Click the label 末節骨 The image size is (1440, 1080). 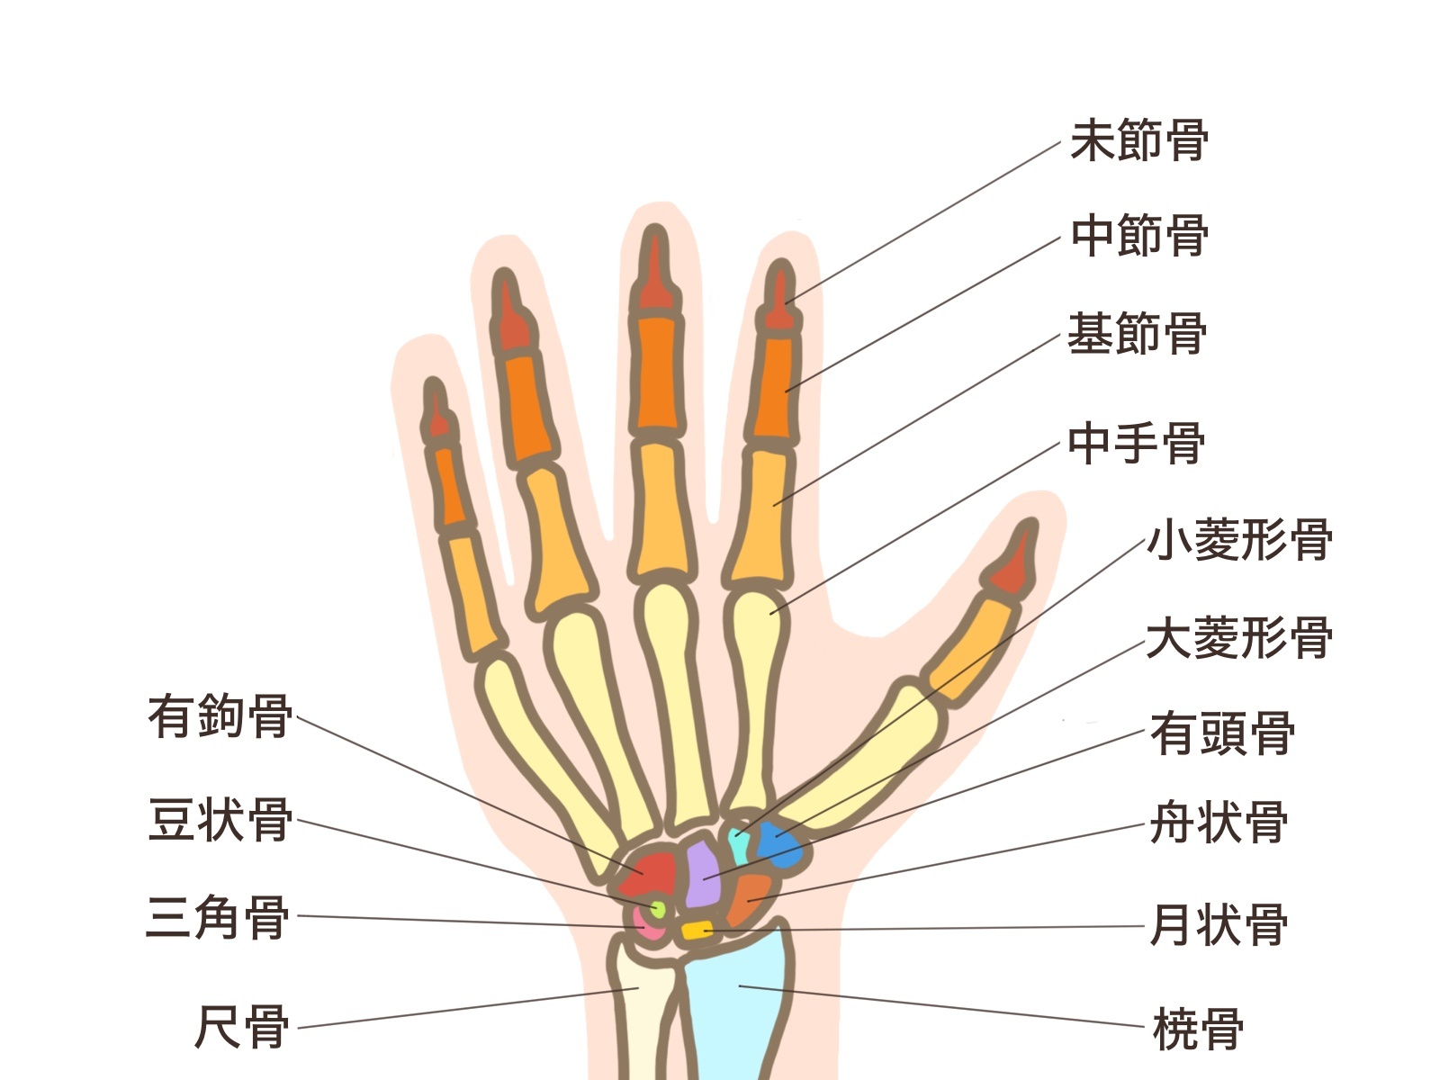[x=1138, y=141]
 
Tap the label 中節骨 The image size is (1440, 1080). [x=1138, y=237]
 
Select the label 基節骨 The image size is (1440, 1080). [x=1137, y=334]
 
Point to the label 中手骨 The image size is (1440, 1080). [x=1136, y=444]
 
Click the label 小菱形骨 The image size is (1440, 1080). [x=1238, y=541]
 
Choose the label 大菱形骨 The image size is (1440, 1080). [x=1238, y=638]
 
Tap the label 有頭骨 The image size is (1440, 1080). [x=1221, y=733]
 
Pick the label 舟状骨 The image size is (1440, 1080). [x=1219, y=823]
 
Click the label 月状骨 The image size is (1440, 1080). [x=1219, y=925]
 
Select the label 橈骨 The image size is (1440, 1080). [x=1198, y=1029]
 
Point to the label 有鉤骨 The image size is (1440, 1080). [x=220, y=716]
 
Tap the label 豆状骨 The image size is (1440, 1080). [x=220, y=821]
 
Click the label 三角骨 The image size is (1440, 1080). [x=218, y=918]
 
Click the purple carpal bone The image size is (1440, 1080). [x=703, y=874]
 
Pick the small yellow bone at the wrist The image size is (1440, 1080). [x=697, y=931]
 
